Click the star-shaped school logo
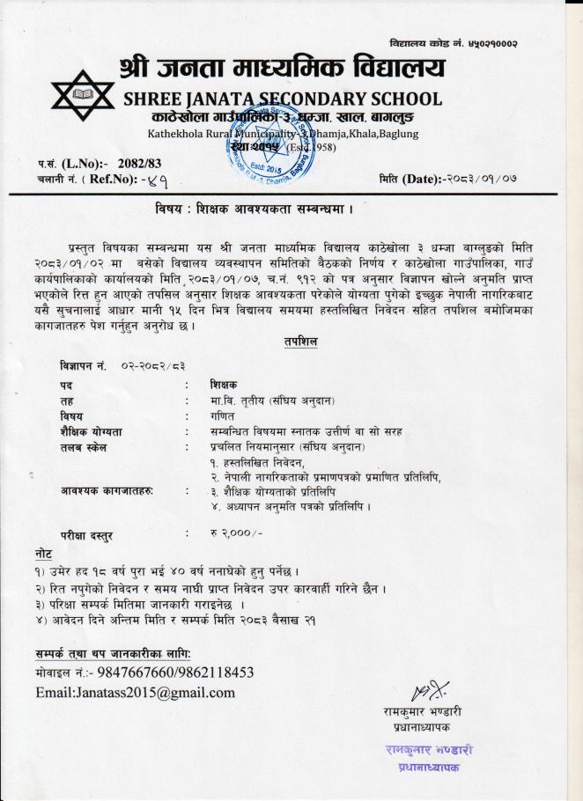pos(84,94)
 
